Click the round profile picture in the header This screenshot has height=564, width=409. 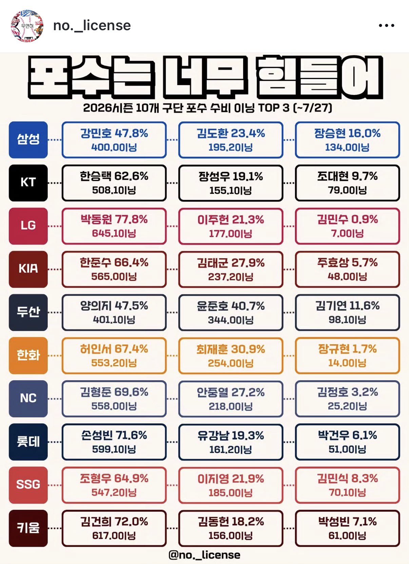pos(27,26)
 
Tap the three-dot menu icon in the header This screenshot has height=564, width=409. pos(386,25)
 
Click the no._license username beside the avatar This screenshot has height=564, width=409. pos(92,25)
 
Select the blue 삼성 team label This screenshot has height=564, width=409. pos(28,140)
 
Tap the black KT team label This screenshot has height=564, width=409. pos(28,183)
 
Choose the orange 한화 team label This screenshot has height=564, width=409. pos(28,355)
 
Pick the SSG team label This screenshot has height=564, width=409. pos(28,485)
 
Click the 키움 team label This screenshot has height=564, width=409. pos(28,528)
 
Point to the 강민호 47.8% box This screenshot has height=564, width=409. pos(114,140)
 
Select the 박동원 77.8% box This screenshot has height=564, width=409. pos(114,226)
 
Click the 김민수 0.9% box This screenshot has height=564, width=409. pos(348,226)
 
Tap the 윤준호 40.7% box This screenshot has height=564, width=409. pos(231,312)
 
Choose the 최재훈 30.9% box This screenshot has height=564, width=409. pos(231,355)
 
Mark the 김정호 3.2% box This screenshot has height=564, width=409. pos(348,399)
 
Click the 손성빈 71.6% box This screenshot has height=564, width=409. pos(114,442)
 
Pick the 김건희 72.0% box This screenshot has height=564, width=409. pos(114,528)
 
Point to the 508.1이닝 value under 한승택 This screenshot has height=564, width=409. pos(114,190)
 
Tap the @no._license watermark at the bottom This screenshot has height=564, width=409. pos(204,555)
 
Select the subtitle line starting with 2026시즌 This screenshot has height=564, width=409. pos(208,108)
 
